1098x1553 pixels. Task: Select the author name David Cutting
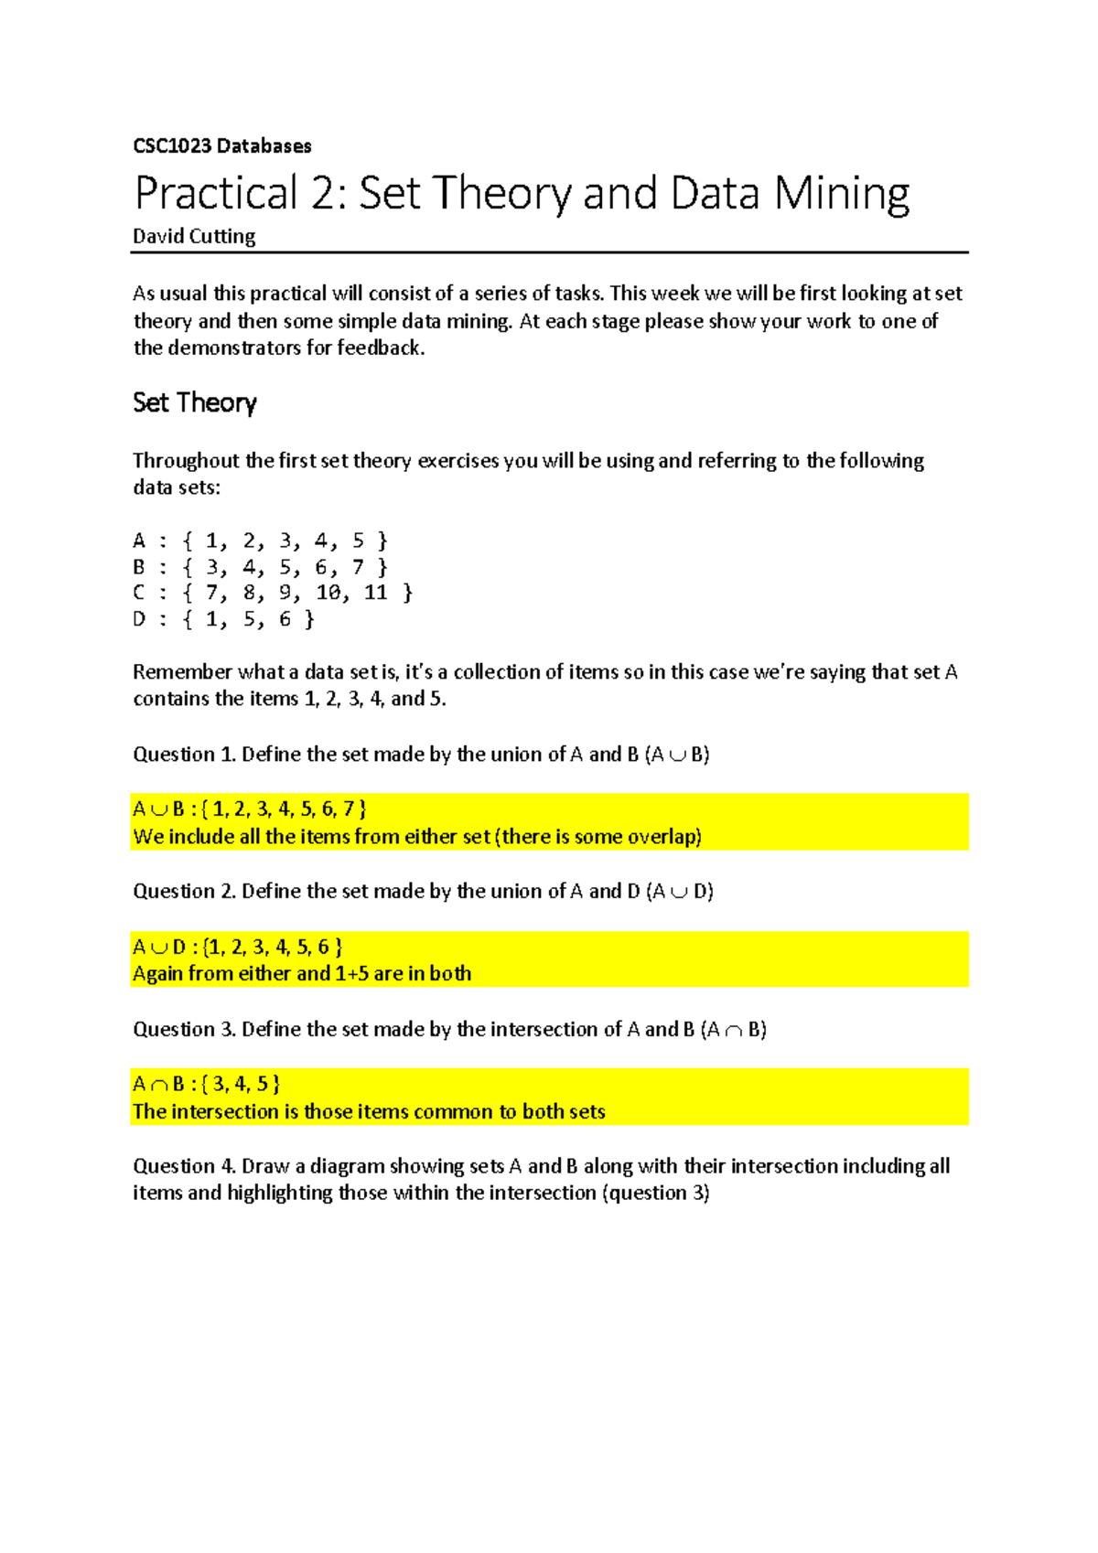[194, 236]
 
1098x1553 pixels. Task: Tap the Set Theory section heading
[194, 402]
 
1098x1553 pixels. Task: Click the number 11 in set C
[375, 593]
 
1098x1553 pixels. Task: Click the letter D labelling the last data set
[139, 619]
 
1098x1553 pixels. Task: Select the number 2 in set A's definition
[249, 541]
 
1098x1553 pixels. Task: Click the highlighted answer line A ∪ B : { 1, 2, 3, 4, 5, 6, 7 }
[250, 809]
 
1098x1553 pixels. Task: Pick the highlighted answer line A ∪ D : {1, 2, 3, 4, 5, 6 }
[238, 947]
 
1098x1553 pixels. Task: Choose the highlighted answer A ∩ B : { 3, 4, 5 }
[207, 1085]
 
